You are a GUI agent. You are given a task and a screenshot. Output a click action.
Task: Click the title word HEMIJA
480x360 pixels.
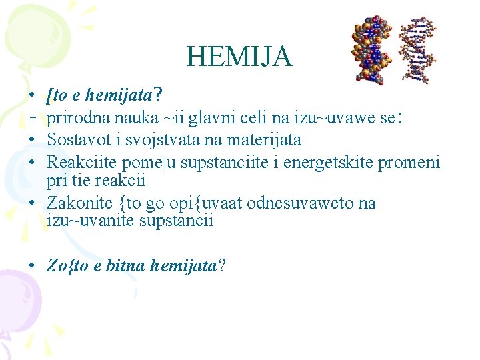point(239,57)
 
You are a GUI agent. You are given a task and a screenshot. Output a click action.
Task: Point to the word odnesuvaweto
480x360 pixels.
point(303,203)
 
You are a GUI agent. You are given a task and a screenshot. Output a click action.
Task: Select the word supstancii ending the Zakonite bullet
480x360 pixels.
point(178,220)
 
